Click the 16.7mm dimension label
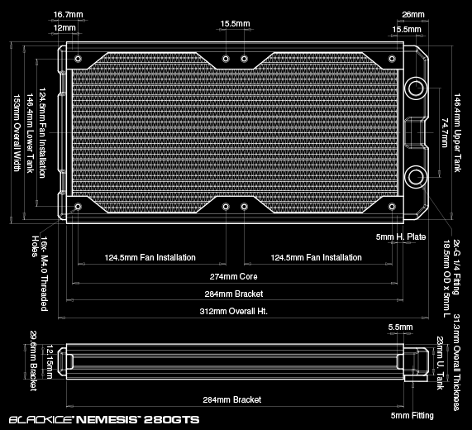point(68,14)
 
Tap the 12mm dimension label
point(64,28)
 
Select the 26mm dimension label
point(413,14)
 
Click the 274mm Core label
point(234,276)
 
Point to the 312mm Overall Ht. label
point(234,311)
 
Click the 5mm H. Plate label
point(401,237)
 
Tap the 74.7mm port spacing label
point(445,132)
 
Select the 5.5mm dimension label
point(400,327)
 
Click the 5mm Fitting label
point(412,416)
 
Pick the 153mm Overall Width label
point(17,133)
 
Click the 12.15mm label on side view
point(50,361)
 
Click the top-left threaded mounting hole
point(78,59)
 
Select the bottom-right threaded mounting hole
point(392,207)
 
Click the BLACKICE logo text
point(41,419)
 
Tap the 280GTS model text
point(172,419)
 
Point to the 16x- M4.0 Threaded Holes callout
point(40,274)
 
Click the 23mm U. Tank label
point(440,363)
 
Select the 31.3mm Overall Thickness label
point(456,362)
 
